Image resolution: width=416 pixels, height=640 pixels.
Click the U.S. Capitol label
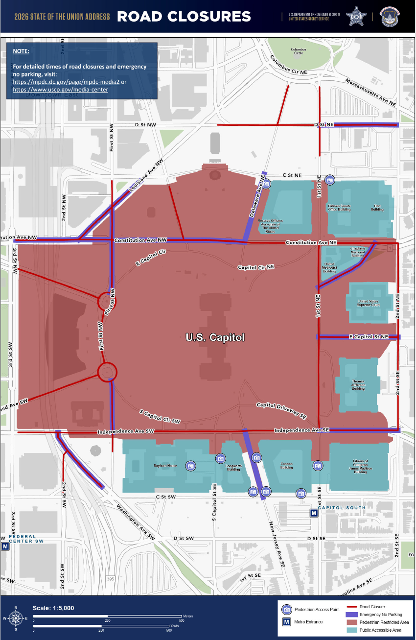tap(215, 337)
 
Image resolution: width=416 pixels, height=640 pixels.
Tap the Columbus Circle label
tap(298, 51)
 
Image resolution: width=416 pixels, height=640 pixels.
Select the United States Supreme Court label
tap(369, 303)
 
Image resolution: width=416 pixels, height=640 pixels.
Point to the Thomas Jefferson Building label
tap(358, 384)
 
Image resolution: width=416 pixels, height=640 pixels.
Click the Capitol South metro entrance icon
tap(314, 513)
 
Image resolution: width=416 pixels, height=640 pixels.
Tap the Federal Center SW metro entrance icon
tap(5, 546)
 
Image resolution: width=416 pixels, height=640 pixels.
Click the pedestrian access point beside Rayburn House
tap(190, 466)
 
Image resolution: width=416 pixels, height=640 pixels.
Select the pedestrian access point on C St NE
tap(330, 180)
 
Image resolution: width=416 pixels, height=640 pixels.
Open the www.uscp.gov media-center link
tap(60, 90)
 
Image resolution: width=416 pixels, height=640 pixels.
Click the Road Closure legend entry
tap(372, 607)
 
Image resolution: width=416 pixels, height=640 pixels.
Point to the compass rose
tap(16, 618)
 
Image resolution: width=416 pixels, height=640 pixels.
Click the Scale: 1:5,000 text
tap(53, 608)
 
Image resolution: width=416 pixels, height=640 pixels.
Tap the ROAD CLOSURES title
tap(184, 17)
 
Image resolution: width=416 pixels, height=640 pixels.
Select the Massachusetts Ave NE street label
tap(370, 92)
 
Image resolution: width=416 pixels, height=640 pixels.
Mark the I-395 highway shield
tap(110, 579)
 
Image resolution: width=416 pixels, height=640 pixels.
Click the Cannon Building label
tap(286, 466)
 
